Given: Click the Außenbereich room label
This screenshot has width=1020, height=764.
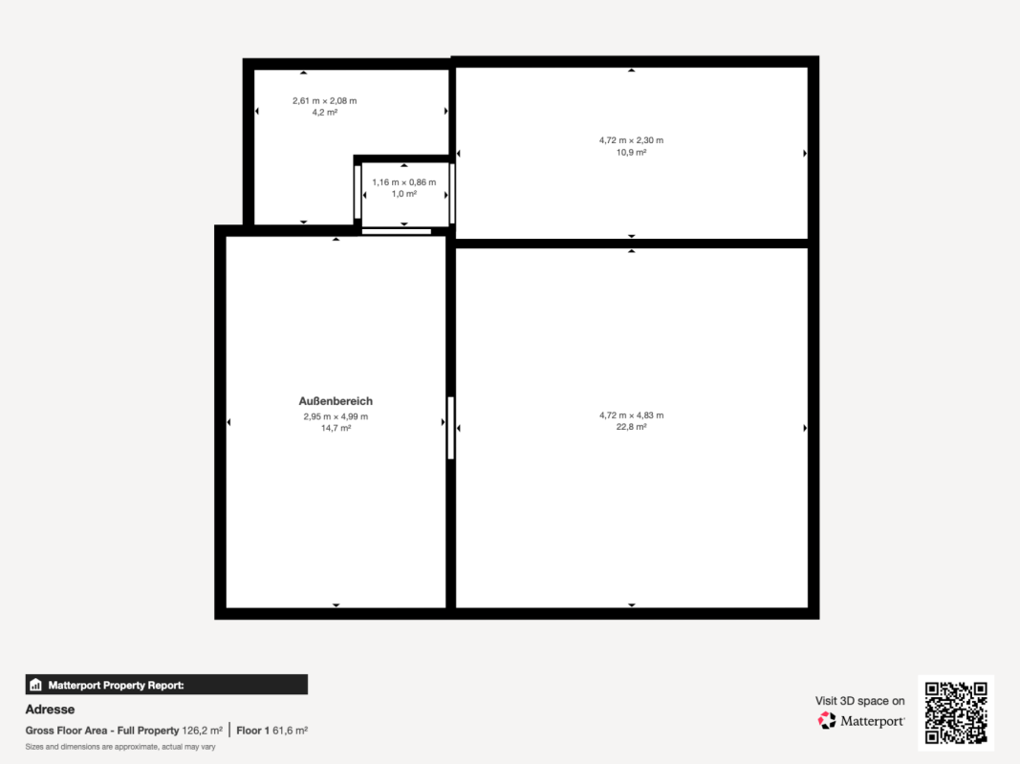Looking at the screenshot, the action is coord(336,401).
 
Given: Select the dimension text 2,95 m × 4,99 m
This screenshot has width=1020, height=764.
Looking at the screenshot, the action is coord(336,416).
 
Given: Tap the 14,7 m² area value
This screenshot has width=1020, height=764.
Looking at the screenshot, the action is coord(336,428).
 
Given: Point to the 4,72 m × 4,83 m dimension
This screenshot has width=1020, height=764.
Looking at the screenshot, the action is coord(631,415).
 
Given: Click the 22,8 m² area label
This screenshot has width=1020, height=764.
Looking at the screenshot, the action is coord(631,427).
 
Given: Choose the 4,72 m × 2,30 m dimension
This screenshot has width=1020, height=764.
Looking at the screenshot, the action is coord(631,140).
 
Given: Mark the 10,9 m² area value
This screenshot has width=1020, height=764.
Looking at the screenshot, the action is coord(631,153).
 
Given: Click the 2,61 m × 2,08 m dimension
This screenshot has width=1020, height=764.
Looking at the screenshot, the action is coord(325,100).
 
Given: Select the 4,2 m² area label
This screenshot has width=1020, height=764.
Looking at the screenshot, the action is coord(325,113).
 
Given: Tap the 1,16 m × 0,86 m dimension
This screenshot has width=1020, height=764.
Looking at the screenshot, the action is coord(404,182).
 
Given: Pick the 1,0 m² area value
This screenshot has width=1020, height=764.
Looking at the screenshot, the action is coord(404,194).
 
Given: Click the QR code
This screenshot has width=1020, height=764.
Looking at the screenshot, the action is coord(956,712).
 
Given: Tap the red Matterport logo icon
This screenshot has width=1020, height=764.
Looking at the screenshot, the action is coord(827,720).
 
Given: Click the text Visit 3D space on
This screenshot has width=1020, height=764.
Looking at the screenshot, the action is coord(860,701).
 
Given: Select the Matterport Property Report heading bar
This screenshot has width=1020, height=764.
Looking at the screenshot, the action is coord(166,685).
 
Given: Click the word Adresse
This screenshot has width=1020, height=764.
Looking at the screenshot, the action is coord(50,710).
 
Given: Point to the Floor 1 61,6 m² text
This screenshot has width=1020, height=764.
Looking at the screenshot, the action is coord(271,731).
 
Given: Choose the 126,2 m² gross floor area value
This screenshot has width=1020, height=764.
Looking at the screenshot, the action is coord(203,731).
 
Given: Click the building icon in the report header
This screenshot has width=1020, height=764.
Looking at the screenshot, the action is coord(35,685).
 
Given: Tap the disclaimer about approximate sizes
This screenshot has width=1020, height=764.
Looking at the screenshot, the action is coord(120,747).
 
